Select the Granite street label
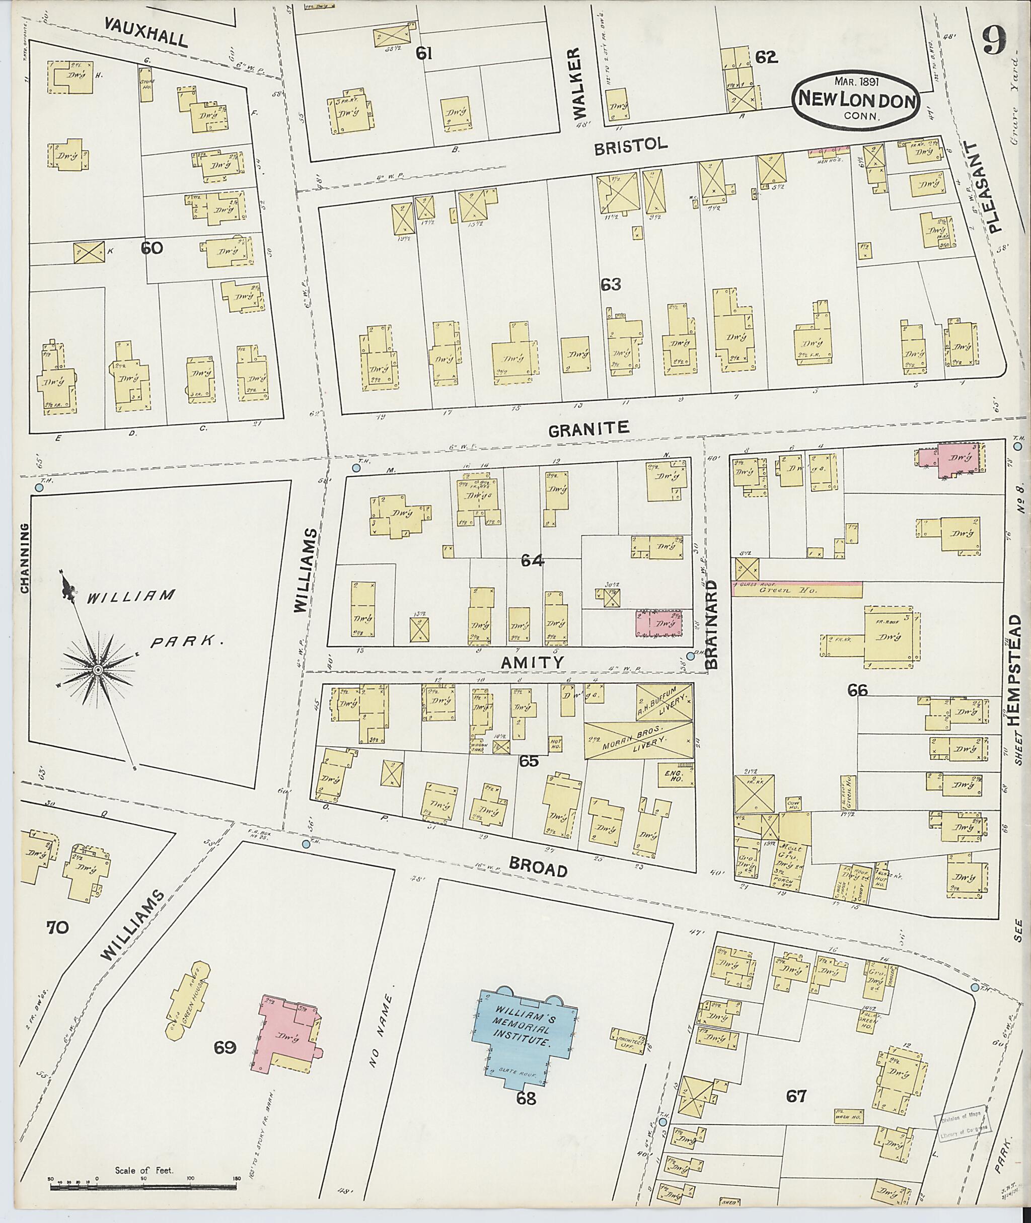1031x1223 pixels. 588,428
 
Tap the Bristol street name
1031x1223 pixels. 631,146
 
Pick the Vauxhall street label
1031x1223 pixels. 146,32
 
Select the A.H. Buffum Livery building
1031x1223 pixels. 665,701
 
